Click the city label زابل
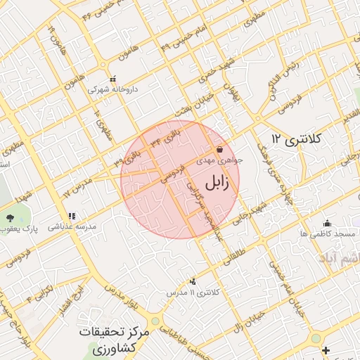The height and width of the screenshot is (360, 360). [x=221, y=184]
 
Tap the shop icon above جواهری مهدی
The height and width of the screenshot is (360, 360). [x=221, y=150]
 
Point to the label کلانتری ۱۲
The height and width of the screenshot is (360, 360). [x=296, y=139]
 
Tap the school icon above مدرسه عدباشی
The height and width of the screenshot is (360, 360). [x=71, y=217]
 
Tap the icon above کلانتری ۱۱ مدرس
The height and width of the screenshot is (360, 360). [x=193, y=281]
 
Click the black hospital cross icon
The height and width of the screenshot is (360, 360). [x=325, y=349]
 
